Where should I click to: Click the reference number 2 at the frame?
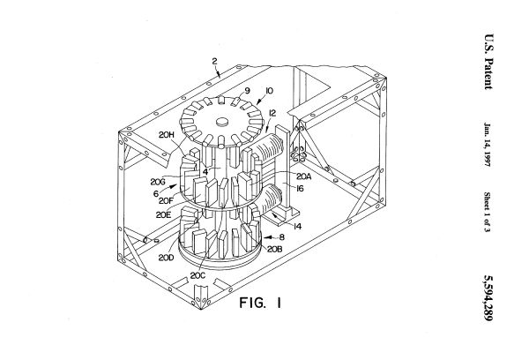pyautogui.click(x=214, y=61)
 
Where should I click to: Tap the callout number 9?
pyautogui.click(x=247, y=91)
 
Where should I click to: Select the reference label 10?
pyautogui.click(x=269, y=91)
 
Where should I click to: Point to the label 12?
pyautogui.click(x=272, y=113)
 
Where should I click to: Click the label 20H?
pyautogui.click(x=167, y=135)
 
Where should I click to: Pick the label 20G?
pyautogui.click(x=158, y=182)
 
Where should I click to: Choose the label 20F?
pyautogui.click(x=166, y=200)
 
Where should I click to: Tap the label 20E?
pyautogui.click(x=163, y=214)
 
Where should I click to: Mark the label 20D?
pyautogui.click(x=166, y=258)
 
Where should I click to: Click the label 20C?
pyautogui.click(x=197, y=276)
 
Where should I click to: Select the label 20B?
pyautogui.click(x=274, y=249)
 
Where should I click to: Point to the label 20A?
pyautogui.click(x=304, y=176)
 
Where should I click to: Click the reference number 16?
pyautogui.click(x=300, y=189)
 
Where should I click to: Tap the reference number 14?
pyautogui.click(x=297, y=226)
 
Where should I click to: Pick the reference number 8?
pyautogui.click(x=282, y=237)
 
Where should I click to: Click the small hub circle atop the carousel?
pyautogui.click(x=222, y=122)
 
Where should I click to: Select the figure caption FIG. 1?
pyautogui.click(x=260, y=303)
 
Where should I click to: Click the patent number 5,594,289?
pyautogui.click(x=488, y=298)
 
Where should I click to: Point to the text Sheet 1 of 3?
pyautogui.click(x=488, y=212)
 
